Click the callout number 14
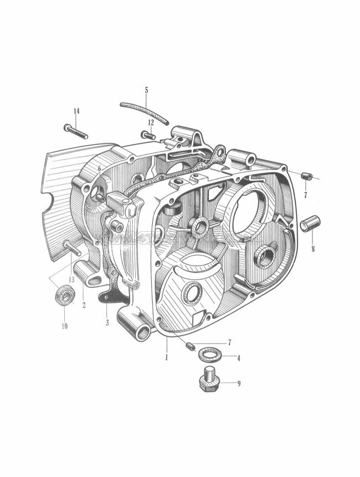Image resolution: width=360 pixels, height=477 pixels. click(x=76, y=111)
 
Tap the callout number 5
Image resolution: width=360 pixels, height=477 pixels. click(x=146, y=90)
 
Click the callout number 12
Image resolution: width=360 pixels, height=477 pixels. click(x=151, y=122)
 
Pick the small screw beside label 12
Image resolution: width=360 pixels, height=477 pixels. click(x=148, y=134)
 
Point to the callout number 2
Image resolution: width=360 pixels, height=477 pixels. click(x=84, y=304)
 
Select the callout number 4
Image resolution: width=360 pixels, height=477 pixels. click(x=239, y=358)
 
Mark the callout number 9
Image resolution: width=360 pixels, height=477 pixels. click(x=239, y=382)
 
